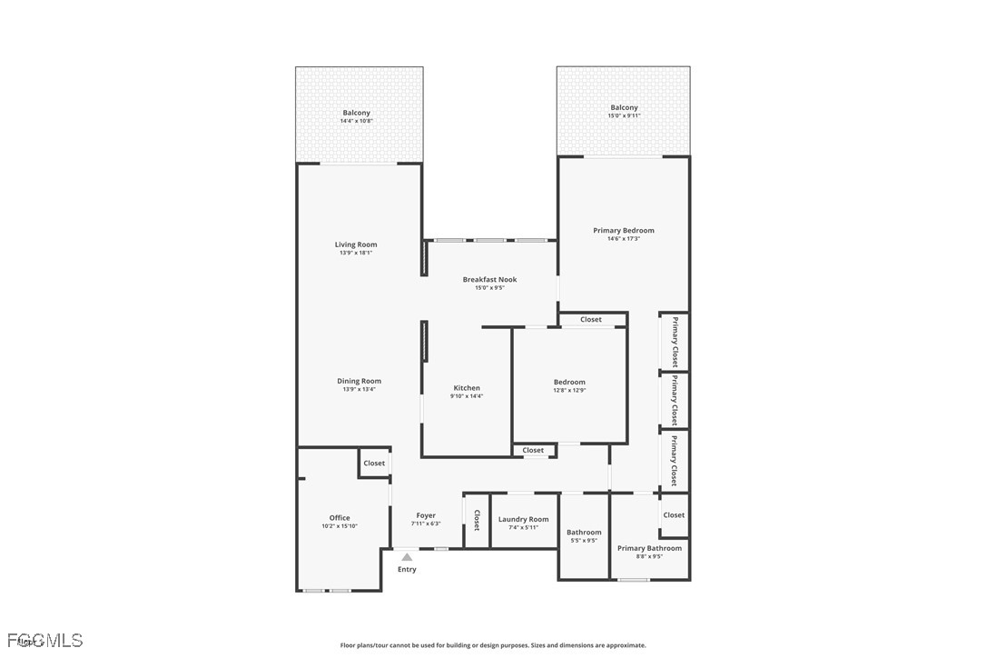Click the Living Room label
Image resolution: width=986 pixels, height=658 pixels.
[x=355, y=244]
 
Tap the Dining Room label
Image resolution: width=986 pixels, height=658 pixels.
[x=359, y=381]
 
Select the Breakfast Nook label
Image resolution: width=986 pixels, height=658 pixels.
[x=489, y=280]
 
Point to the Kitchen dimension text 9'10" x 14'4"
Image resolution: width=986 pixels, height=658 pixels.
[x=467, y=396]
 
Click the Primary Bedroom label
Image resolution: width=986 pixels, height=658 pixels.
[x=624, y=231]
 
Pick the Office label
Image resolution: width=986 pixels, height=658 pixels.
[x=340, y=518]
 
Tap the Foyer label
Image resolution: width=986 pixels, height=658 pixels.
[x=426, y=515]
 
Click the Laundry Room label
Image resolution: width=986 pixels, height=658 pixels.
[x=523, y=519]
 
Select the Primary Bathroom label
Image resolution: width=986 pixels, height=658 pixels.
[x=649, y=548]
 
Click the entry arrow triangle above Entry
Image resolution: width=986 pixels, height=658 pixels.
[x=407, y=557]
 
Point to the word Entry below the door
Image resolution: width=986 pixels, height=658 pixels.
[x=407, y=570]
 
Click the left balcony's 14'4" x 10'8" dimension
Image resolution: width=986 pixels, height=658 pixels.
[x=356, y=121]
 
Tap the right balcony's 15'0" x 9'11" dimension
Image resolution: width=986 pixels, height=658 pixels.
[x=624, y=116]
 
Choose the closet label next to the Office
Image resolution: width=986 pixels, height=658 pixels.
[x=374, y=464]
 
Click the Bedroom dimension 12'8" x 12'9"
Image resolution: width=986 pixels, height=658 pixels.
[x=569, y=390]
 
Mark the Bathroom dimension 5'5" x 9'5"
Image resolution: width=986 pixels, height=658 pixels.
[x=584, y=541]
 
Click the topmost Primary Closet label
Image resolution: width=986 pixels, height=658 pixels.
[x=675, y=342]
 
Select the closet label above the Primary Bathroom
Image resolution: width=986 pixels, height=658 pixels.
[x=674, y=515]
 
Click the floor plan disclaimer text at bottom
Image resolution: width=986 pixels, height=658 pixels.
[x=493, y=645]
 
